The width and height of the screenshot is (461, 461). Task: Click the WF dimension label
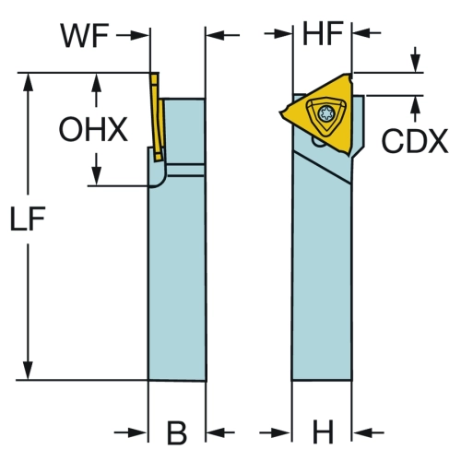pos(85,36)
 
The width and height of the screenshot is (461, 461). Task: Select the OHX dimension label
pos(93,129)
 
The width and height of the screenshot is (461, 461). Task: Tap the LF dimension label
pos(28,219)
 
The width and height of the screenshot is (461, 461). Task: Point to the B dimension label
pos(177,432)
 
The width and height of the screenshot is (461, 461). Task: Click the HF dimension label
pos(323,33)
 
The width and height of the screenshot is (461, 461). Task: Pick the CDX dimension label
pos(415,141)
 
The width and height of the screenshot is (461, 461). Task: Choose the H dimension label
pos(323,431)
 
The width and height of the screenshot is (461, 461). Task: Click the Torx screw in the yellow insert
pos(326,113)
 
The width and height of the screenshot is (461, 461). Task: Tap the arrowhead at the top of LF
pos(28,82)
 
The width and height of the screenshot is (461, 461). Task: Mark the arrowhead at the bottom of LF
pos(28,371)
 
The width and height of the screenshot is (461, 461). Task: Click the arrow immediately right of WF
pos(133,35)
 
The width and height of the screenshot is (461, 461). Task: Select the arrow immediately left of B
pos(131,432)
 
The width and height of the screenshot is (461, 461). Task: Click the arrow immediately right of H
pos(369,432)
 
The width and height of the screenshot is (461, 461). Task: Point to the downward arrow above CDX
pos(416,60)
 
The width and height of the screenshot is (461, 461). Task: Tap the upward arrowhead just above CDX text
pos(416,104)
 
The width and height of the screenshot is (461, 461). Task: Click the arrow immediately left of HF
pos(278,33)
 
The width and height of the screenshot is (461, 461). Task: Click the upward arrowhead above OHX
pos(97,82)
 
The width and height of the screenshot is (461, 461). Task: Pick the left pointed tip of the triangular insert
pos(280,112)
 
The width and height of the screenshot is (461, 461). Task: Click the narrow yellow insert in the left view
pos(157,117)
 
